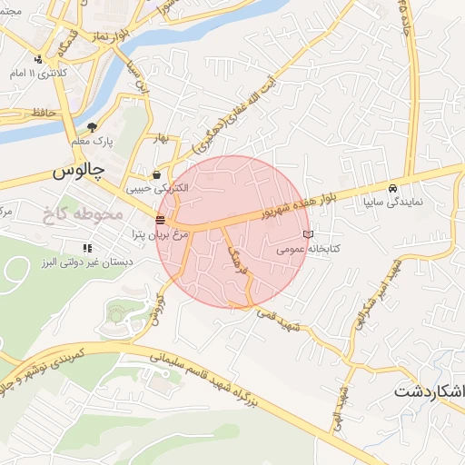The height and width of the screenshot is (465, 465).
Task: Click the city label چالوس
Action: (x=78, y=170)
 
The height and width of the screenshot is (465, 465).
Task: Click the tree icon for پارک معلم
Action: (x=92, y=127)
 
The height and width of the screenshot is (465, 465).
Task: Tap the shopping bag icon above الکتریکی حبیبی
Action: (x=158, y=174)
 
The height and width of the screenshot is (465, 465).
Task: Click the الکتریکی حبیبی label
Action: (x=157, y=188)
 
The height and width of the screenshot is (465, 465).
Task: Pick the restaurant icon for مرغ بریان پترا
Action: (x=161, y=220)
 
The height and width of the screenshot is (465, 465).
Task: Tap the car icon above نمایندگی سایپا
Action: (x=391, y=188)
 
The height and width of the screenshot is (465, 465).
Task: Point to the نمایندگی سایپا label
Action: (x=391, y=201)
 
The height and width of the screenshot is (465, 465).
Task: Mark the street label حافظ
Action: (x=42, y=113)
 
